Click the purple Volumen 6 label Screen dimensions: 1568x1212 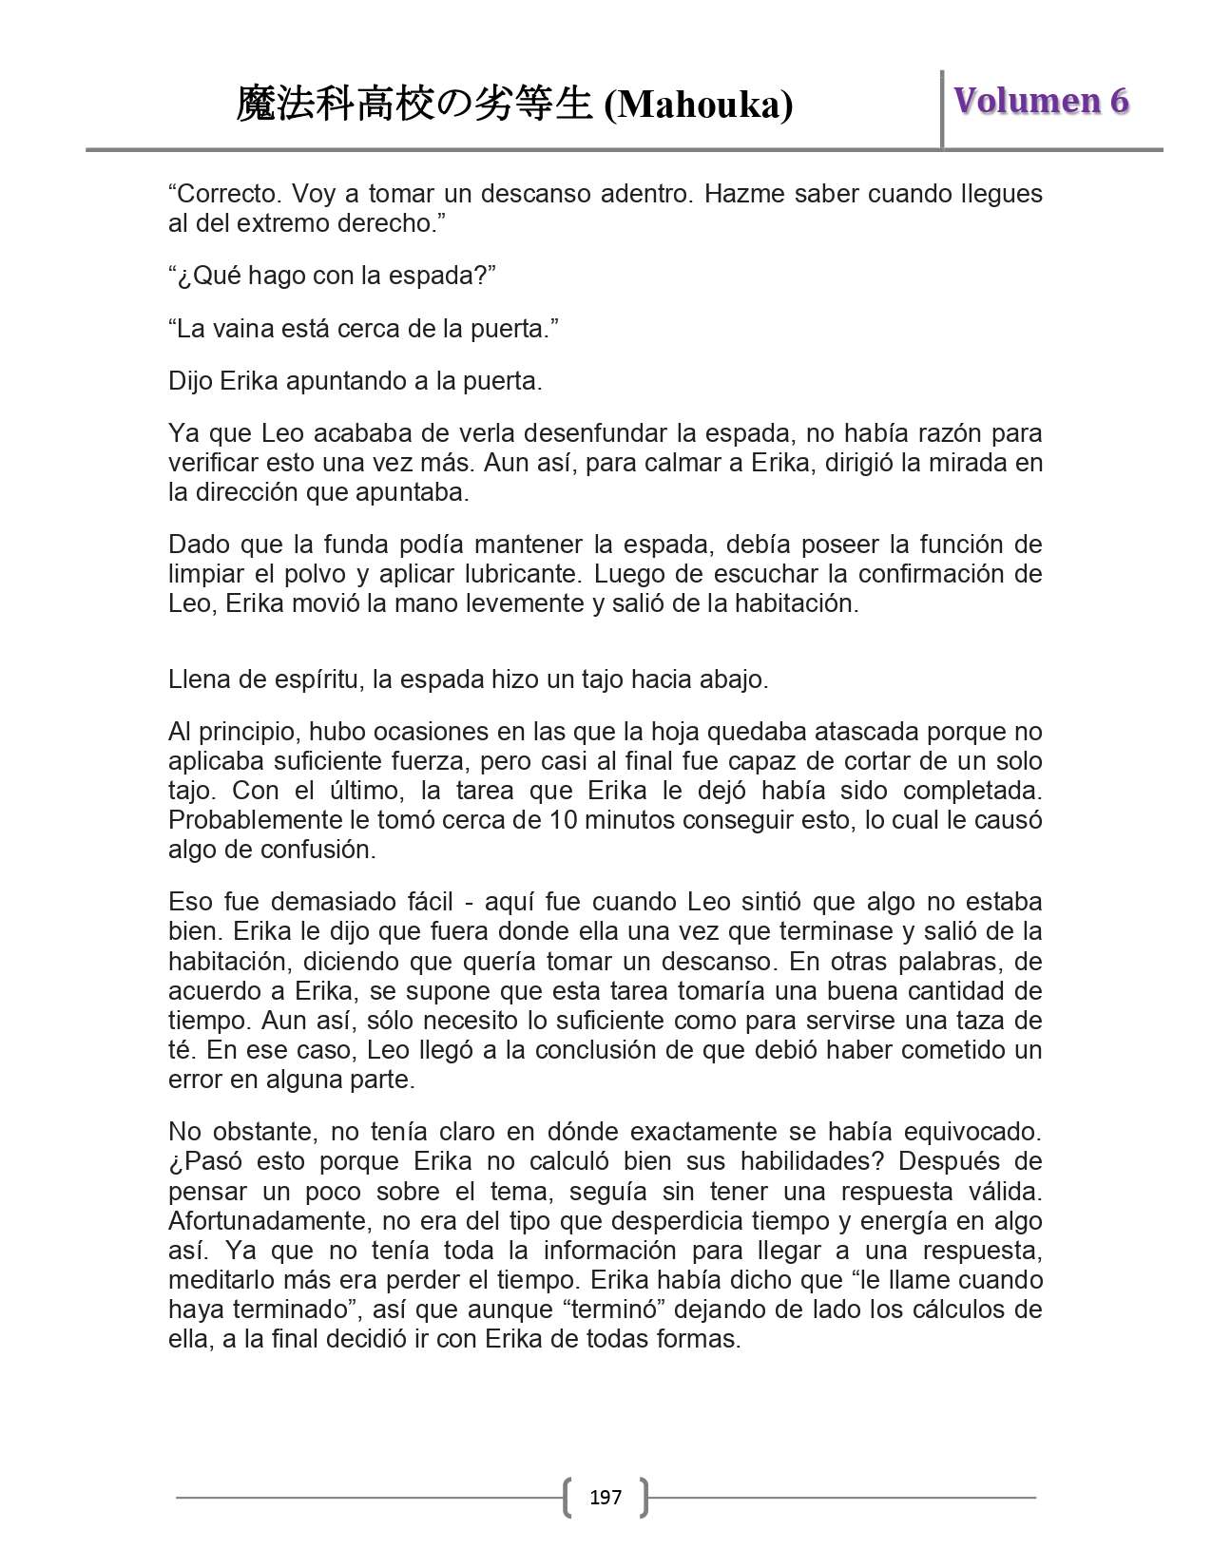(x=1042, y=101)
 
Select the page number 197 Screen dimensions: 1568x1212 (x=606, y=1498)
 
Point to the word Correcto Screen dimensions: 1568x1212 (x=221, y=195)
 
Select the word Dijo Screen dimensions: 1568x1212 (x=191, y=382)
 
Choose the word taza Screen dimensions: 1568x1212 (x=966, y=1021)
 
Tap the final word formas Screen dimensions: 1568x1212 (x=703, y=1339)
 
